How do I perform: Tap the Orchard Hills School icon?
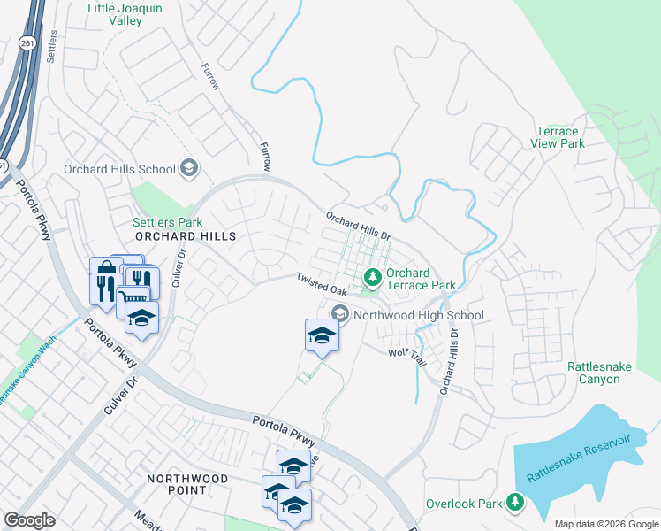(x=188, y=167)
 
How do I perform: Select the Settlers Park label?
(x=167, y=222)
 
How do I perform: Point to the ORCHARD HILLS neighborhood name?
(x=186, y=237)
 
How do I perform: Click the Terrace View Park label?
(x=558, y=137)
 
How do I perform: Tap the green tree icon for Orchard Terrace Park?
(x=373, y=279)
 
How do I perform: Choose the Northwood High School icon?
(x=340, y=314)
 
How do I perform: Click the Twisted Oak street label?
(x=321, y=284)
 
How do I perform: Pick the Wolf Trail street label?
(x=407, y=353)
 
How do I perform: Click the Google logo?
(x=29, y=520)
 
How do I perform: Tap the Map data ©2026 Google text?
(x=604, y=524)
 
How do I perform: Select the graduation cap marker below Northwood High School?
(x=322, y=335)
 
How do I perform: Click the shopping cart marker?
(x=133, y=299)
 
